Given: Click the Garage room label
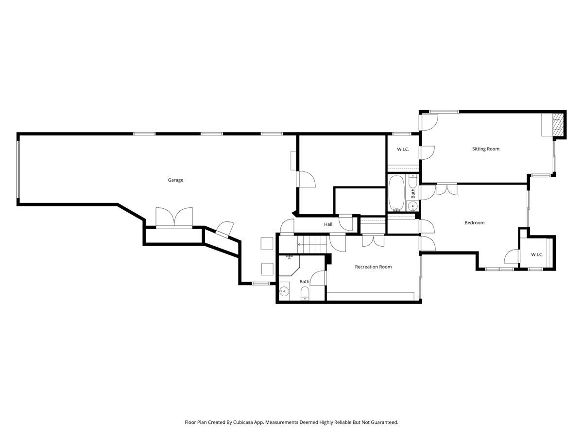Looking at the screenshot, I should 175,180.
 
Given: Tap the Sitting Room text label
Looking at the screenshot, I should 486,149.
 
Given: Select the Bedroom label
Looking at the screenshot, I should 474,223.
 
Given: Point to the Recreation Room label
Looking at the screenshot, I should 373,267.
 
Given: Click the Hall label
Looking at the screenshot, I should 328,224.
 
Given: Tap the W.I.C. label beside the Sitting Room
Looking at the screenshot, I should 403,149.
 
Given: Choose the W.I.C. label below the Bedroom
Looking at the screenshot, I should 537,254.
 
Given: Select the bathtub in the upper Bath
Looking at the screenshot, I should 395,193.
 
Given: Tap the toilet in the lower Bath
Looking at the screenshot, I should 305,293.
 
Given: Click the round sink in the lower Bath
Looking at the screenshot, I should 284,292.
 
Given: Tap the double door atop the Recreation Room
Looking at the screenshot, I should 373,240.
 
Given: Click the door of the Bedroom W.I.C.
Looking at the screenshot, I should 513,256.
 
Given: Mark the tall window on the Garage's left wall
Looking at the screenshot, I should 18,169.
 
